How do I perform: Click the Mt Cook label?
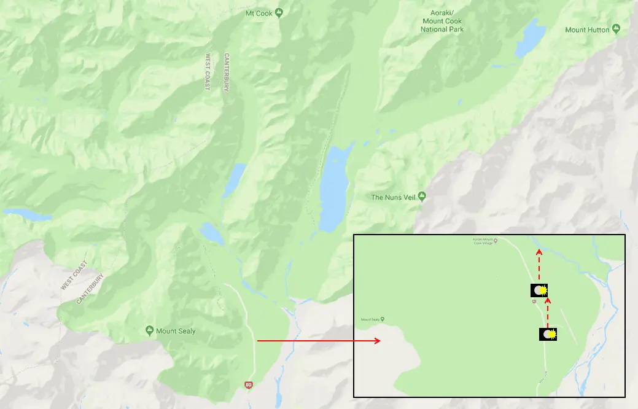coord(259,12)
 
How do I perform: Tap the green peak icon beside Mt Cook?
coord(279,12)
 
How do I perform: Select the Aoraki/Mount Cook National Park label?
coord(443,21)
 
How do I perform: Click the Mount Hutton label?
coord(587,29)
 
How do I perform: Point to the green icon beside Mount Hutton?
coord(616,29)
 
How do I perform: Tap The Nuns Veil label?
coord(394,197)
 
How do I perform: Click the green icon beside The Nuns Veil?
coord(422,197)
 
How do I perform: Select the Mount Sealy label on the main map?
coord(175,331)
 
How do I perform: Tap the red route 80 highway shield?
coord(248,385)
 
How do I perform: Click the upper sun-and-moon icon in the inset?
coord(539,290)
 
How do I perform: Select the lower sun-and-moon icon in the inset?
coord(548,334)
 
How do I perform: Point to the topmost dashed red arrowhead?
coord(539,250)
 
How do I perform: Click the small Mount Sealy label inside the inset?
coord(370,319)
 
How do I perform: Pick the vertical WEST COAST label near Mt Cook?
coord(208,72)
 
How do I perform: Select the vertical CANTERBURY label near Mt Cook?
coord(226,72)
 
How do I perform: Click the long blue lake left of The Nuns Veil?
coord(334,187)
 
